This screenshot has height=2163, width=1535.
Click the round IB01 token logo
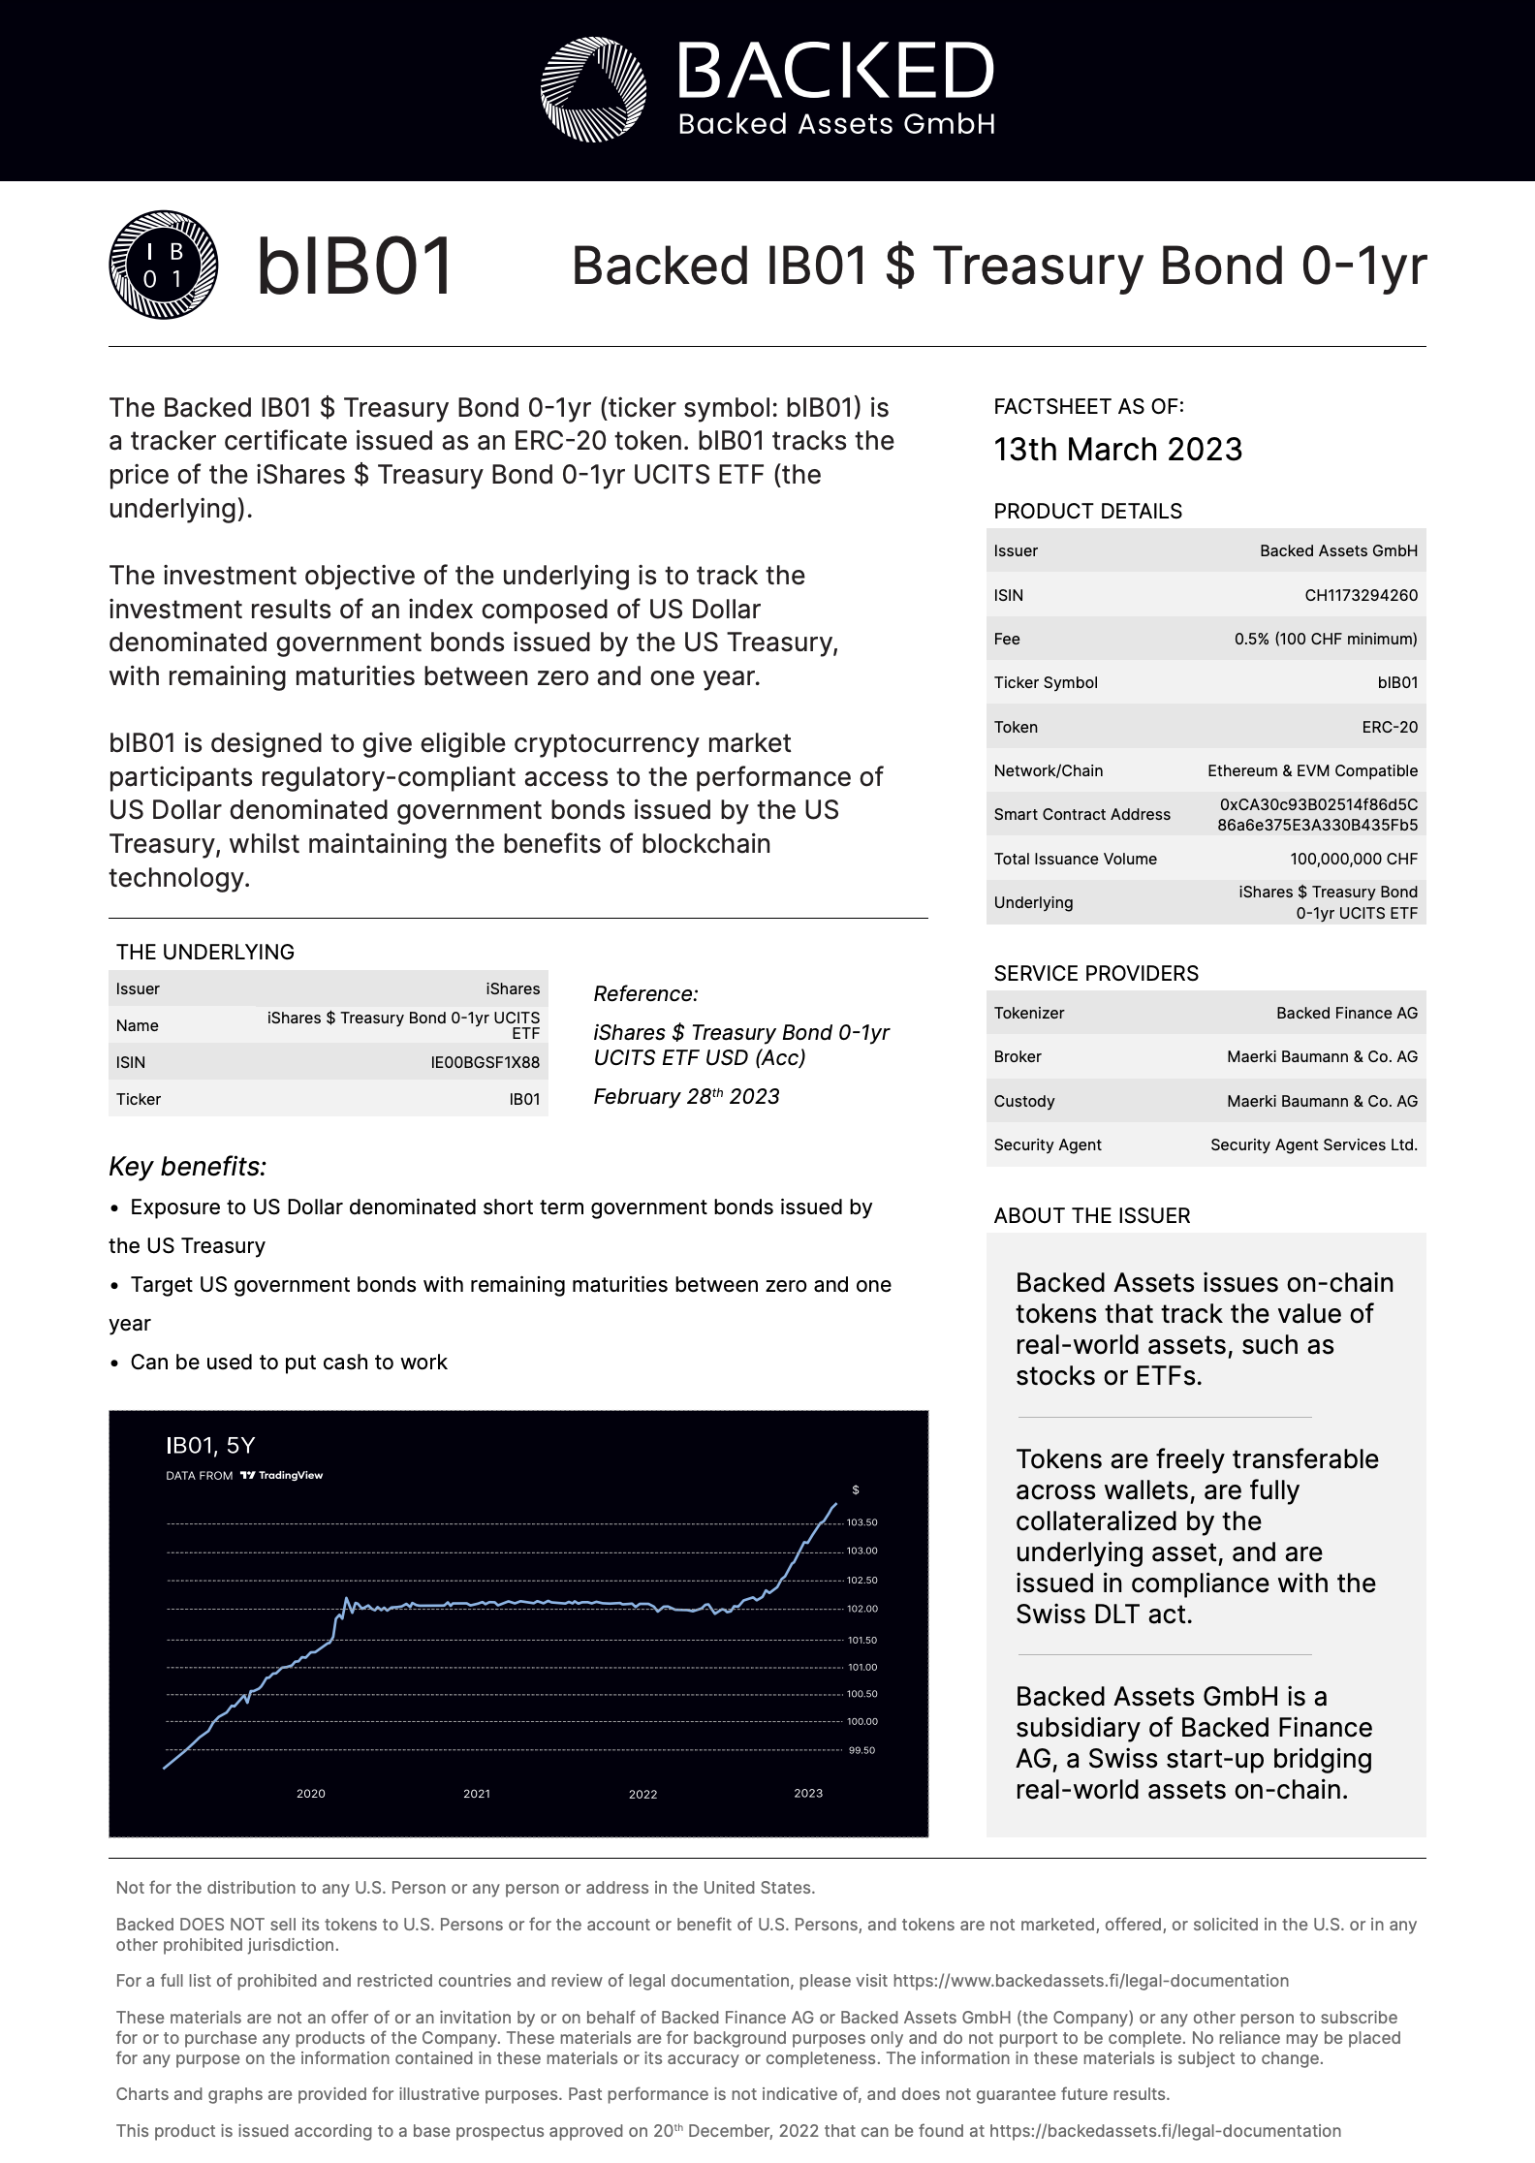pos(163,265)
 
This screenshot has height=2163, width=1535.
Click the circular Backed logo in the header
pos(593,89)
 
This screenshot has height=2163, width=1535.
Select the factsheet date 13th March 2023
pos(1117,450)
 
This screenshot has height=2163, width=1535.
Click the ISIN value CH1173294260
pos(1361,595)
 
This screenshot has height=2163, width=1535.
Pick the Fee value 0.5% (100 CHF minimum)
pos(1325,639)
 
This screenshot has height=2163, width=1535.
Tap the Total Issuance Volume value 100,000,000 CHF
pos(1353,859)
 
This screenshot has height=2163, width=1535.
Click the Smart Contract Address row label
pos(1081,814)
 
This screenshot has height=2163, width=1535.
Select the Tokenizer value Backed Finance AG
pos(1346,1013)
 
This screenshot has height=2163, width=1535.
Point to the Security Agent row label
pos(1047,1144)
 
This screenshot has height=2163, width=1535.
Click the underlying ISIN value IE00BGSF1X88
pos(485,1062)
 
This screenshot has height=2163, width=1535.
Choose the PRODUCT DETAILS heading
pos(1087,511)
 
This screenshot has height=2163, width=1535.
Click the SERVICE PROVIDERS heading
pos(1095,973)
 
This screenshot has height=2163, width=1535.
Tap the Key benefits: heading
pos(187,1166)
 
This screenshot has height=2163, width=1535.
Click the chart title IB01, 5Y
pos(210,1446)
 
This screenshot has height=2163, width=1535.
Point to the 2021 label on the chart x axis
pos(476,1794)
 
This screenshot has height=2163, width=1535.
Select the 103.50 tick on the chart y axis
pos(861,1522)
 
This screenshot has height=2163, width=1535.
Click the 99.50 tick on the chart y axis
pos(861,1750)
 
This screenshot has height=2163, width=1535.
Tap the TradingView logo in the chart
pos(281,1476)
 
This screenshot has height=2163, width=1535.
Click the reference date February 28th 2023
pos(686,1096)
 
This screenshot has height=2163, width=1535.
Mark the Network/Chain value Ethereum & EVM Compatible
pos(1312,770)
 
